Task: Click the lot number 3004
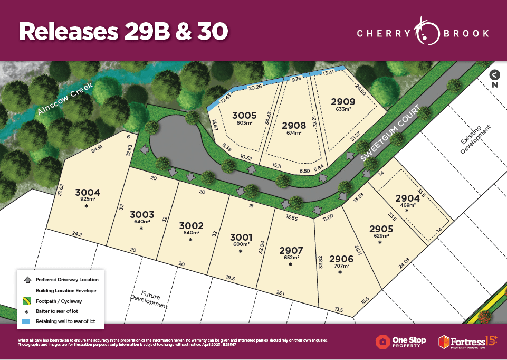(87, 192)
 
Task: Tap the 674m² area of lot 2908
(291, 133)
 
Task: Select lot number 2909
(343, 101)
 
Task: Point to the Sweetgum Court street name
(390, 134)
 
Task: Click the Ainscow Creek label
(65, 99)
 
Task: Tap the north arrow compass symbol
(494, 75)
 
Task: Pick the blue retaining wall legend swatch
(25, 320)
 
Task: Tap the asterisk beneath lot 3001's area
(241, 251)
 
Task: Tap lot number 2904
(408, 198)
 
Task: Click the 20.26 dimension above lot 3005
(255, 87)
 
